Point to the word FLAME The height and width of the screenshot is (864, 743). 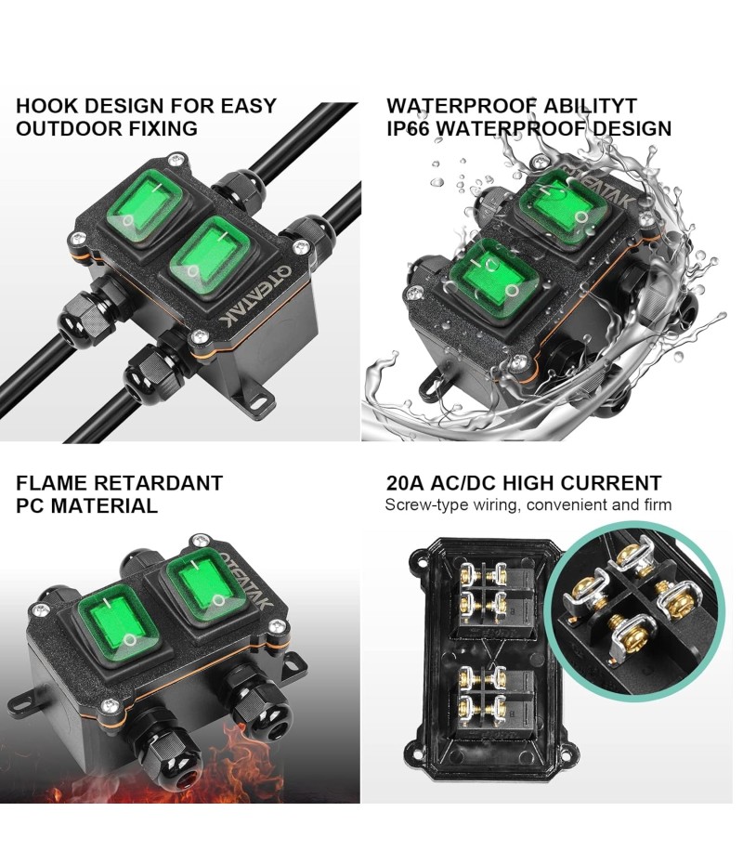pyautogui.click(x=50, y=483)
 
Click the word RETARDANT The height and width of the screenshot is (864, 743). pyautogui.click(x=158, y=483)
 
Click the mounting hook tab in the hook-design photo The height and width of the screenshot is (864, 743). pyautogui.click(x=254, y=400)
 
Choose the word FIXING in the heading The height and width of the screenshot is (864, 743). pyautogui.click(x=163, y=128)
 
